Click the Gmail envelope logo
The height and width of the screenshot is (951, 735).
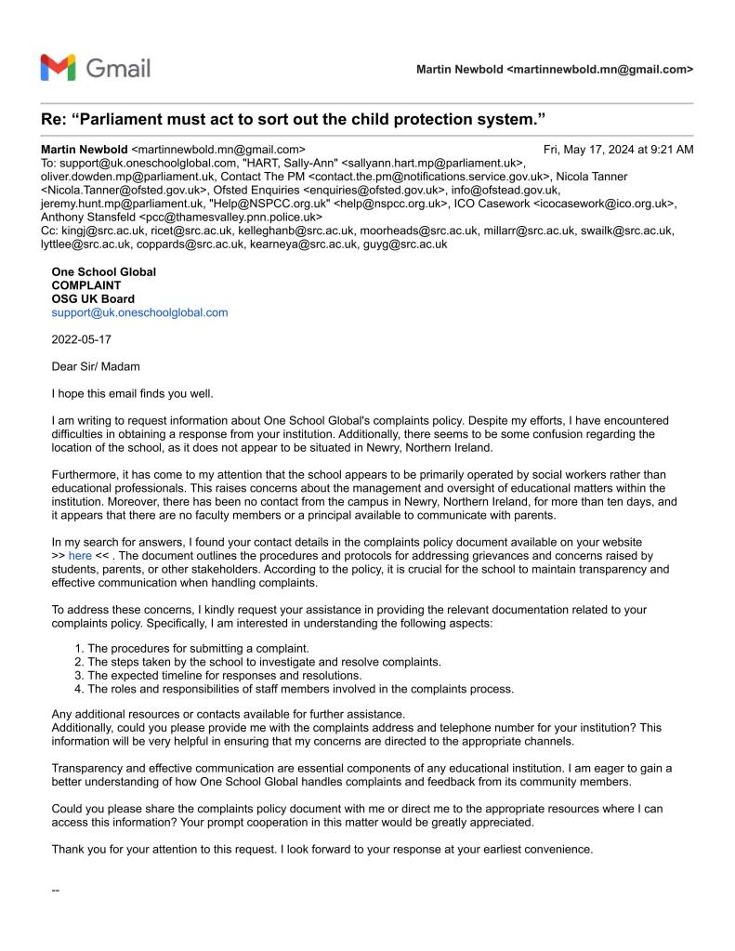59,68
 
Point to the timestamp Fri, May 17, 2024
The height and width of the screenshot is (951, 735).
618,149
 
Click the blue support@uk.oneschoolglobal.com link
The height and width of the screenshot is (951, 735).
139,312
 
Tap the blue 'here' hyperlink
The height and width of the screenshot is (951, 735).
80,554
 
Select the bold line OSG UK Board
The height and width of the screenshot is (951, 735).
93,298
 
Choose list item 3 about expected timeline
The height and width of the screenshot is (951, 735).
229,675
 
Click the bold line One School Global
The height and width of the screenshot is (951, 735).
103,271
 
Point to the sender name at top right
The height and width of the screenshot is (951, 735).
554,69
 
